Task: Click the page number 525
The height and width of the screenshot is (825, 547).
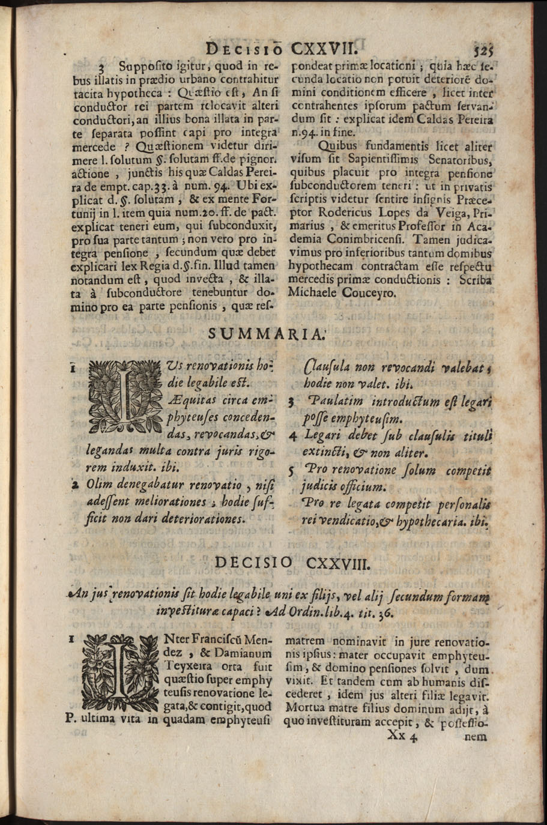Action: click(x=483, y=49)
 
